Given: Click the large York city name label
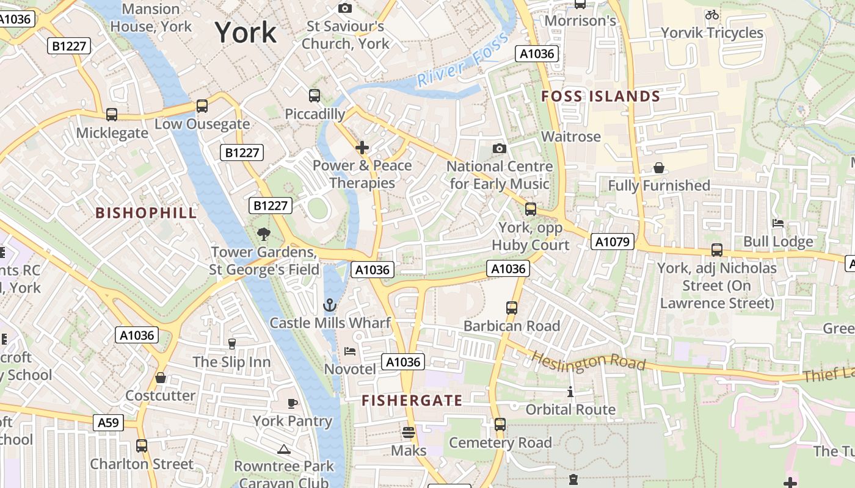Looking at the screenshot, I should coord(246,32).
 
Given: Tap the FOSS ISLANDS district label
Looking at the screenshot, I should coord(601,96).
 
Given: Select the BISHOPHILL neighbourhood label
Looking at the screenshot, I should coord(147,213).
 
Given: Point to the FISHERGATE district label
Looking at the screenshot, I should coord(412,400).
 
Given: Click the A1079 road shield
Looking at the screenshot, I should coord(612,242).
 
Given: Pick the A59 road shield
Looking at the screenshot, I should coord(109,422).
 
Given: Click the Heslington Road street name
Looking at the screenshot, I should coord(588,360).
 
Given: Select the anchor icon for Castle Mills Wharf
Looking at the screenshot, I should coord(330,304).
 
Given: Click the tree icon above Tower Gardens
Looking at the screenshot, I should coord(264,233).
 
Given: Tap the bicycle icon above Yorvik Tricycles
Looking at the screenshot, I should coord(712,15).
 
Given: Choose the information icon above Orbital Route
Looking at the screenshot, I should coord(570,392).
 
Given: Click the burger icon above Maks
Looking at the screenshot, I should coord(409,432).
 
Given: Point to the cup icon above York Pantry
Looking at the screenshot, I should coord(293,403).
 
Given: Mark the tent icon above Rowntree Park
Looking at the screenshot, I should coord(283,450).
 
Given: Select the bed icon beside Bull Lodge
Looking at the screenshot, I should coord(778,223).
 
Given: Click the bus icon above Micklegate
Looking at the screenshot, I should coord(112,114).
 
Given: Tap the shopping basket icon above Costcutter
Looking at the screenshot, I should coord(161,378).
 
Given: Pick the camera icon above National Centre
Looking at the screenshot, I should coord(500,149).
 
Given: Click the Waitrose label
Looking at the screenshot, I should coord(571,136).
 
